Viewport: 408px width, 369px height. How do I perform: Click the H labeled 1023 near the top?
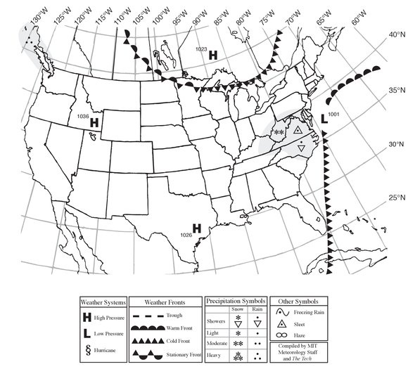click(x=213, y=53)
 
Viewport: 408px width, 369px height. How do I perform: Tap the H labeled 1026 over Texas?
click(x=197, y=228)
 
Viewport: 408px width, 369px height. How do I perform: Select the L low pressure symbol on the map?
click(x=324, y=119)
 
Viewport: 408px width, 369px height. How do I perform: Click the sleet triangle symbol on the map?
click(x=298, y=131)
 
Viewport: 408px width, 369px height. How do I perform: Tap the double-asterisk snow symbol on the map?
click(x=279, y=131)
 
